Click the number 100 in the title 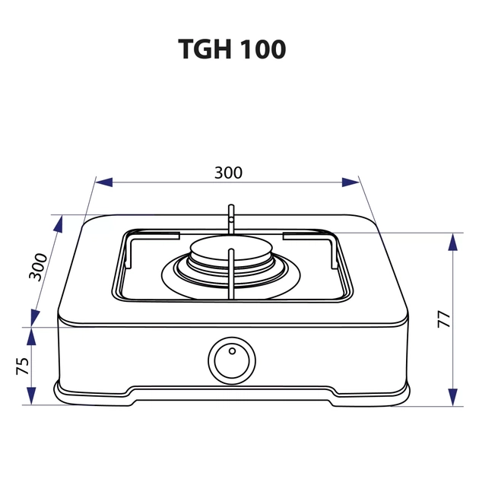point(262,49)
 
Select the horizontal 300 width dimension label point(227,173)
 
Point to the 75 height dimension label point(22,366)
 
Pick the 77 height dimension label point(444,319)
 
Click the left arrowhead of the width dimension point(103,182)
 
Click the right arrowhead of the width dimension point(351,182)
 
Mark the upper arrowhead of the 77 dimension point(453,243)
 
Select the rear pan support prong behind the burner point(230,217)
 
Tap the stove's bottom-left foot point(72,394)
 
